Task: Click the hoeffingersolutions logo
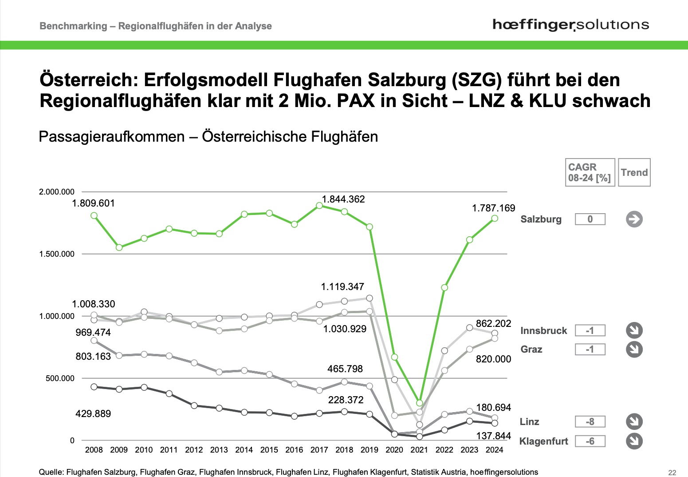tap(570, 25)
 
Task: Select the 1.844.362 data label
tap(343, 199)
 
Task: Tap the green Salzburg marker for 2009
tap(119, 247)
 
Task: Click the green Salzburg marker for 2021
tap(420, 403)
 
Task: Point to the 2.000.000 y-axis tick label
tap(57, 192)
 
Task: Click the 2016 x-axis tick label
tap(294, 450)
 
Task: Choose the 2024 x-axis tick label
tap(495, 450)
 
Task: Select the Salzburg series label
tap(541, 219)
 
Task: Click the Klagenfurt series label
tap(543, 441)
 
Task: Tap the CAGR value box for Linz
tap(590, 421)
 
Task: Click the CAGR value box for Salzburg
tap(590, 219)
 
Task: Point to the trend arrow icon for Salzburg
tap(634, 219)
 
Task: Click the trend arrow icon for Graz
tap(634, 350)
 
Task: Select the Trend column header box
tap(634, 172)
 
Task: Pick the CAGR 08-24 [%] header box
tap(590, 172)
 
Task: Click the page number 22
tap(672, 473)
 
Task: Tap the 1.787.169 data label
tap(493, 208)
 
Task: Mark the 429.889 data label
tap(93, 414)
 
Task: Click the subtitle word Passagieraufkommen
tap(111, 136)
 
